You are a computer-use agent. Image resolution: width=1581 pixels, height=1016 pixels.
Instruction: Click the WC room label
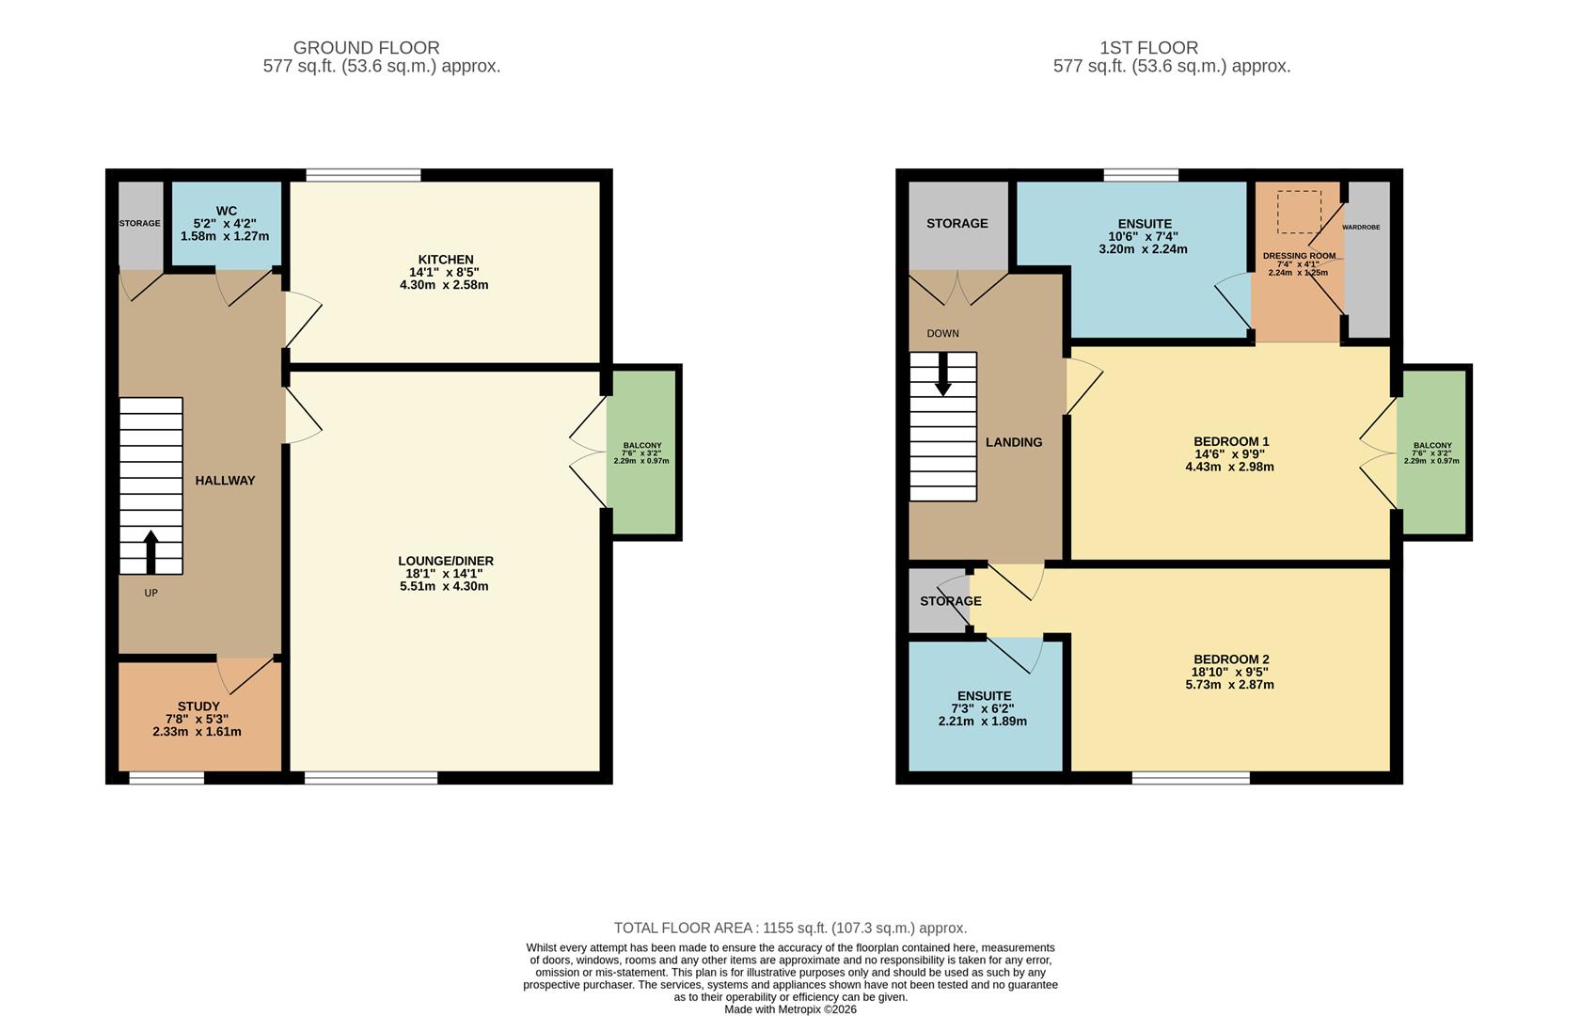(226, 211)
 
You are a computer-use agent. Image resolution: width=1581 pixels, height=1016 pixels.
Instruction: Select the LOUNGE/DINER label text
(445, 561)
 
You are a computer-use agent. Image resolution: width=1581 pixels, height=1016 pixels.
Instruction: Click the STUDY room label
(198, 706)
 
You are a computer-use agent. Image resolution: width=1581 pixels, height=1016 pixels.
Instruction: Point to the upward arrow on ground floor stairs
(150, 551)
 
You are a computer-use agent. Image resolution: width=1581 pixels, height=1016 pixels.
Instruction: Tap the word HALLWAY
(225, 481)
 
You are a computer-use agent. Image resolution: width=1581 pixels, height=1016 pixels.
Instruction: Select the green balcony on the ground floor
(641, 452)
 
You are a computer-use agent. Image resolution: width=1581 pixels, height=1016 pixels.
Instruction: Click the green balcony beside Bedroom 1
(1431, 452)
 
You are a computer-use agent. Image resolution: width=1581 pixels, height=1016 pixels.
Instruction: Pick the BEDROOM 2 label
(1231, 659)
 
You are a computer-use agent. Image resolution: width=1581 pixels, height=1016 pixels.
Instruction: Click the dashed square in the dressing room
(1299, 212)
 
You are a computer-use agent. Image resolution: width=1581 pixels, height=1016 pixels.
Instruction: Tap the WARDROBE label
(1361, 228)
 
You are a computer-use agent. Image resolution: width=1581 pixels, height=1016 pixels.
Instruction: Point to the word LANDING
(1013, 442)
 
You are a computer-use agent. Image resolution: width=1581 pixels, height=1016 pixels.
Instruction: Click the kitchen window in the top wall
(363, 175)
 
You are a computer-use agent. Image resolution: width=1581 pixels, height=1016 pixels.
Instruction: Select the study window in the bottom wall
(166, 778)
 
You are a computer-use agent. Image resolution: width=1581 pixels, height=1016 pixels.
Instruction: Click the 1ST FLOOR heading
(1148, 48)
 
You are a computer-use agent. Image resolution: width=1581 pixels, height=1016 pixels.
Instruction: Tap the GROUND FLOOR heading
(366, 48)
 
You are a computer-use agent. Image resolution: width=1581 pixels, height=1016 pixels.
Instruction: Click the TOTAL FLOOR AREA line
(790, 928)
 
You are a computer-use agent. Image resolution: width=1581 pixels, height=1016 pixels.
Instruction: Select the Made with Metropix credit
(790, 1009)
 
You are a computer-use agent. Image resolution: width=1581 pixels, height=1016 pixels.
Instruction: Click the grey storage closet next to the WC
(140, 224)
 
